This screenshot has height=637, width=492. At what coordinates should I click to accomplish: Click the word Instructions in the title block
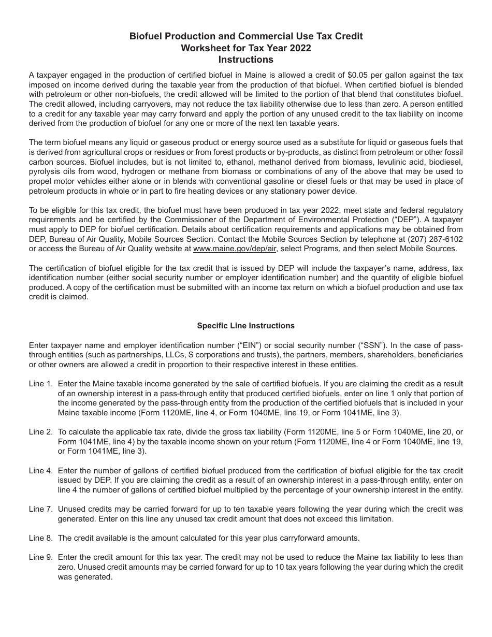pos(245,60)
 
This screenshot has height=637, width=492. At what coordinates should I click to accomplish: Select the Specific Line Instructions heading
pos(245,326)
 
